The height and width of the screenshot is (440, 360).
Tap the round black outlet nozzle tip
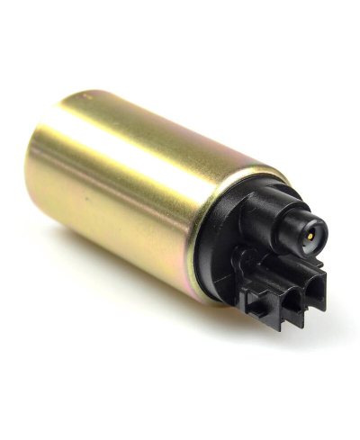pos(310,232)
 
